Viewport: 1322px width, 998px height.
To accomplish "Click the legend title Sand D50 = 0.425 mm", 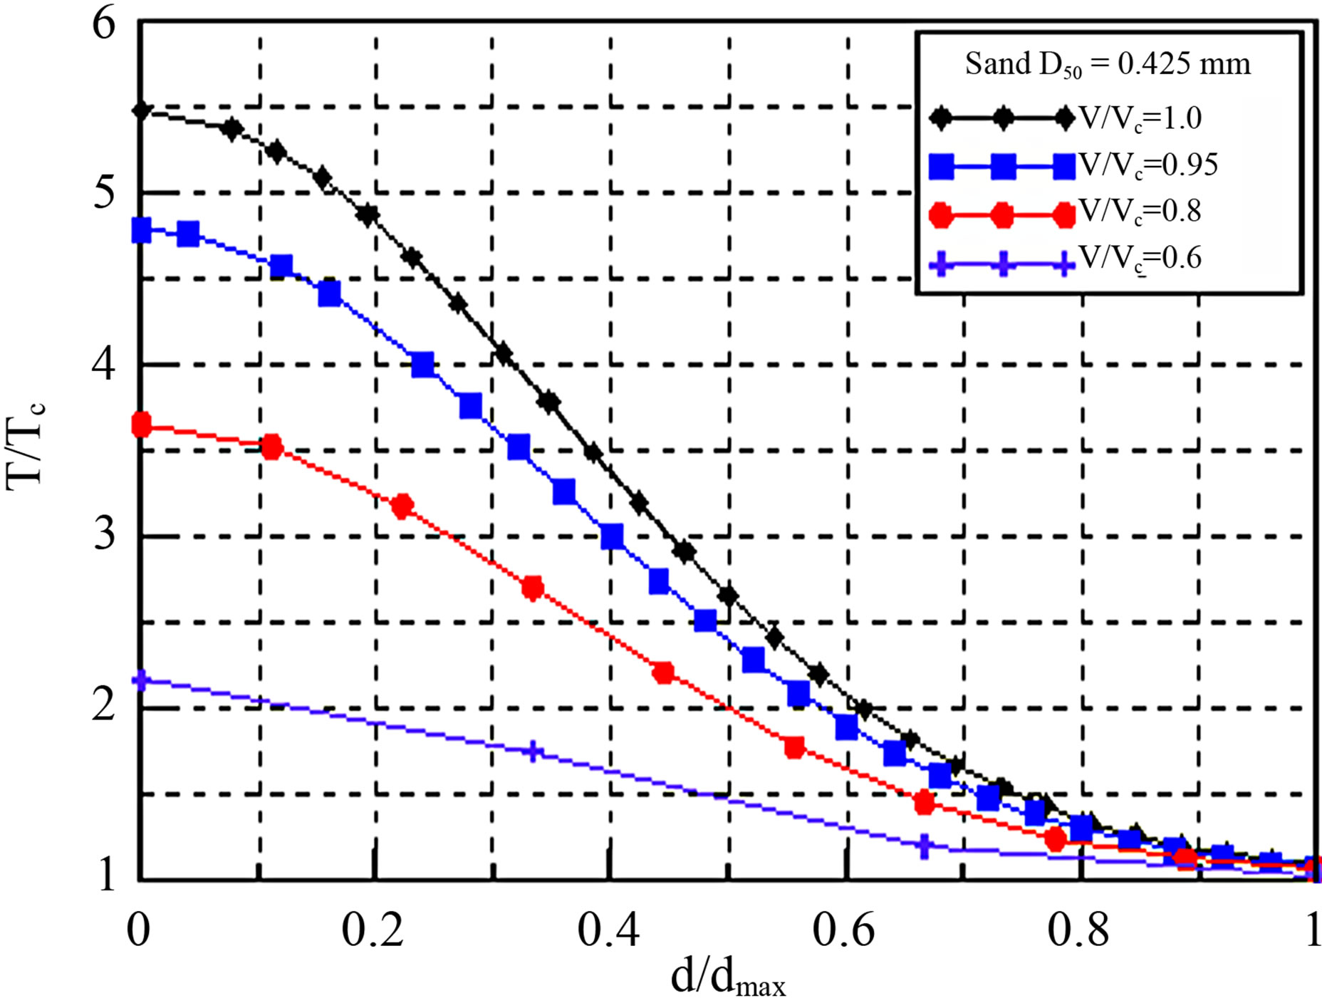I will [1108, 65].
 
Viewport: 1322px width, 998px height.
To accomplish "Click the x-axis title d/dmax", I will [728, 977].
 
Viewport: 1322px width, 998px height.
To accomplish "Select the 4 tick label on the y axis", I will [104, 365].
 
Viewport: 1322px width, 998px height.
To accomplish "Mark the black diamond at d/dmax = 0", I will [141, 110].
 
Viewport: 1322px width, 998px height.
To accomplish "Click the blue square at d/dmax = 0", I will [141, 230].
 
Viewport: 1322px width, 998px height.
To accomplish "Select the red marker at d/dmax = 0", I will [141, 425].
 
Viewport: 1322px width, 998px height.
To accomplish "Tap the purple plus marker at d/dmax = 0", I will [141, 680].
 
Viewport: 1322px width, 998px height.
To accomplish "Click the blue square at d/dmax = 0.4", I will [612, 536].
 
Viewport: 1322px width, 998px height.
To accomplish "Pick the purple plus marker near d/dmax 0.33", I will [534, 752].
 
